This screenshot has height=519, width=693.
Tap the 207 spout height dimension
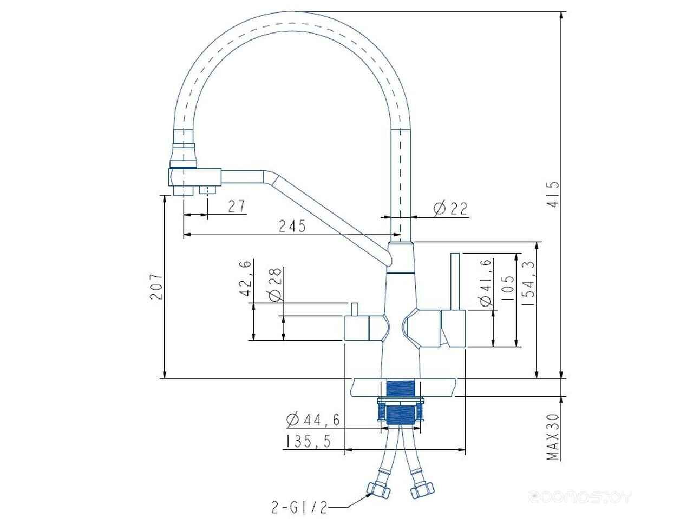[x=156, y=286]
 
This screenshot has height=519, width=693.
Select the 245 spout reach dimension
[x=292, y=227]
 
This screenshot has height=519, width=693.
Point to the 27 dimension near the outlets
[x=237, y=207]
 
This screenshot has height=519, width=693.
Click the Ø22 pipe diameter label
[x=450, y=209]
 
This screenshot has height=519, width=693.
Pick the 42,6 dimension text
[x=246, y=278]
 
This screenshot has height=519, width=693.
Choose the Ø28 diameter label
[x=275, y=284]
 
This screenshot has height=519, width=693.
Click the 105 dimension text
[x=507, y=288]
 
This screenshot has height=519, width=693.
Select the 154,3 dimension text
[x=528, y=283]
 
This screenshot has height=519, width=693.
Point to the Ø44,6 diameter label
[x=313, y=420]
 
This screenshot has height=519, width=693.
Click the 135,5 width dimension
[x=308, y=441]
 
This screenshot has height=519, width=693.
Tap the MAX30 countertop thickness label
[x=553, y=437]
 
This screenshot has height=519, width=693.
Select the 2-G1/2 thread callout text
[x=299, y=507]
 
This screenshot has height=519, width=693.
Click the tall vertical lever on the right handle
[x=455, y=282]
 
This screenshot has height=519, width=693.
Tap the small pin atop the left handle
[x=355, y=309]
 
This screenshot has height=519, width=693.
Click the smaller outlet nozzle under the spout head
[x=207, y=190]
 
